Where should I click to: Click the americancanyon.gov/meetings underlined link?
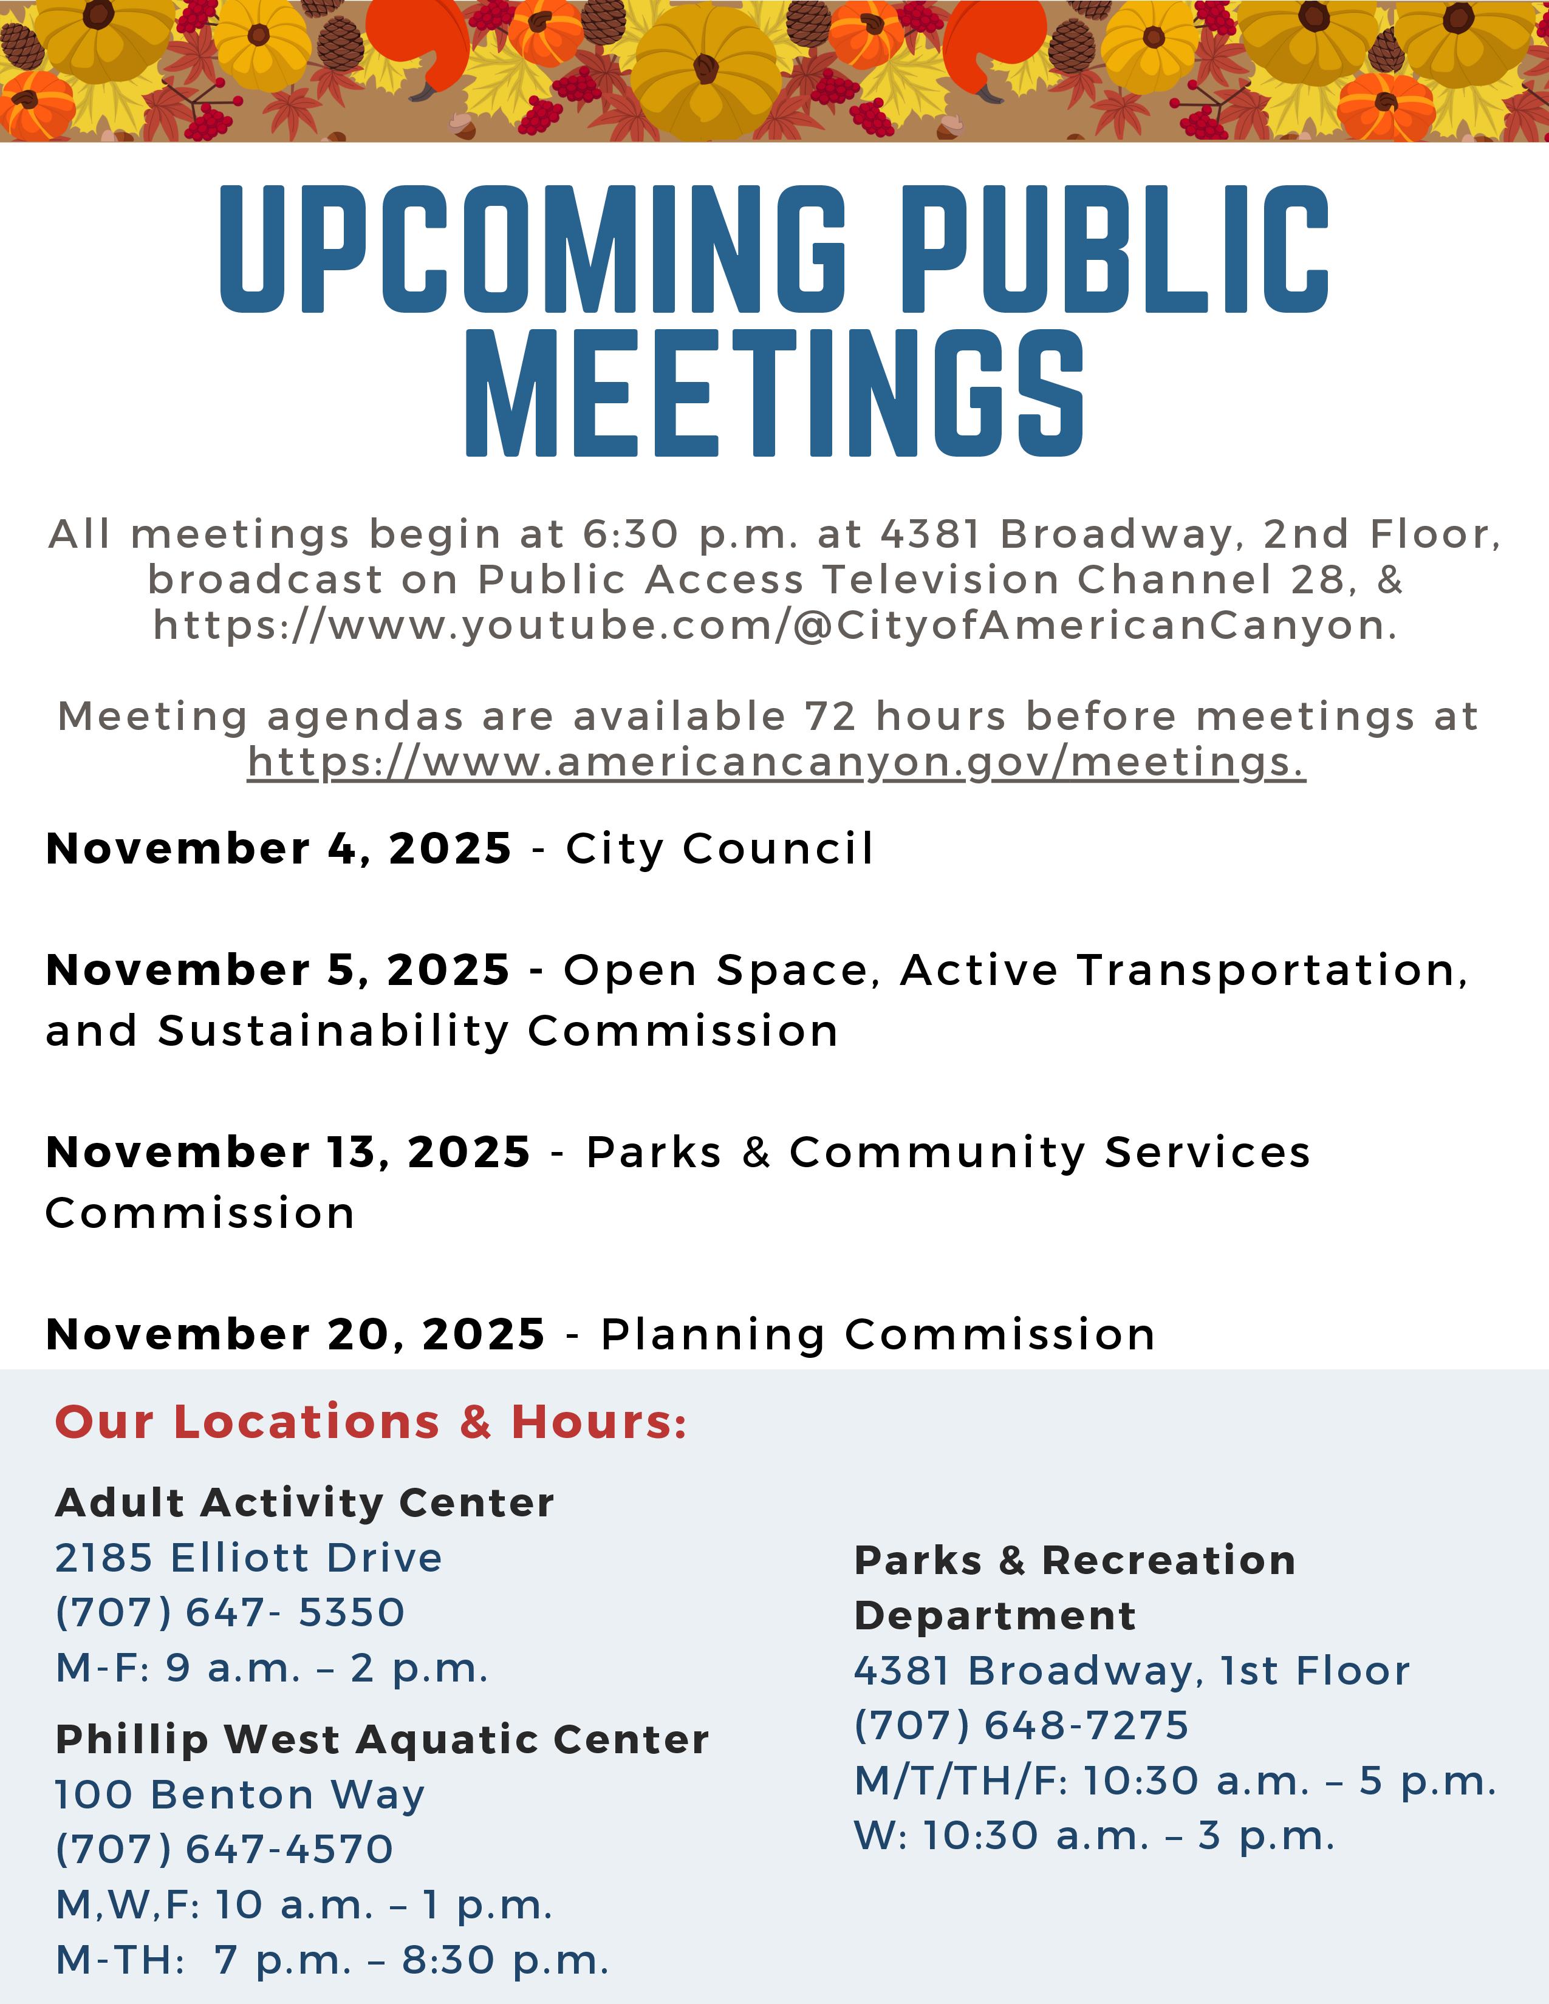(776, 763)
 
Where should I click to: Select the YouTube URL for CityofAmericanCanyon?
(776, 625)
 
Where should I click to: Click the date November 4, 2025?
(279, 849)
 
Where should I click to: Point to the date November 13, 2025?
(288, 1153)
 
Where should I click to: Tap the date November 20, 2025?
(295, 1334)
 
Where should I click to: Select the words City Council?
(719, 849)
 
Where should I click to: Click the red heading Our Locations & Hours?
(371, 1422)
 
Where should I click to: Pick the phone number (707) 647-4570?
(225, 1849)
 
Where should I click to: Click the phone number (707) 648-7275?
(1021, 1725)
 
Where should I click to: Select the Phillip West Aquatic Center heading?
(381, 1739)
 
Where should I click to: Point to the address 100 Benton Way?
(241, 1794)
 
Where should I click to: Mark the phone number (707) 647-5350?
(230, 1612)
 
